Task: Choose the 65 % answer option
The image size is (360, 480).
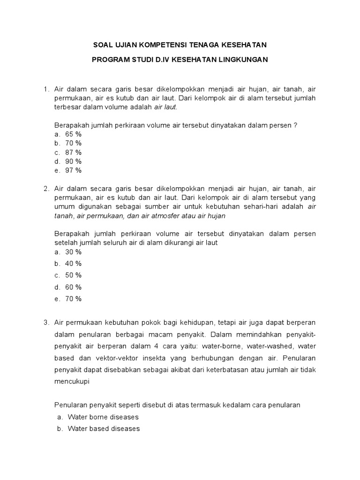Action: click(x=74, y=134)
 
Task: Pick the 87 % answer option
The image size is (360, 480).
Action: click(x=74, y=152)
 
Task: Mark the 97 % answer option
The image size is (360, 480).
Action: click(x=74, y=171)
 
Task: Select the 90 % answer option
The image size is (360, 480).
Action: click(x=74, y=161)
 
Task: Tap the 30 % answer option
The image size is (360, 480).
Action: click(x=74, y=252)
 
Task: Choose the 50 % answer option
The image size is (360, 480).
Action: click(x=74, y=275)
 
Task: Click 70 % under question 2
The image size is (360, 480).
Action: click(x=74, y=299)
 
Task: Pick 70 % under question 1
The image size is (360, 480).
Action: click(x=74, y=143)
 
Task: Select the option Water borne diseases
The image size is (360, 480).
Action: click(x=103, y=417)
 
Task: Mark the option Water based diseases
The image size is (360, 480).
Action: click(x=104, y=428)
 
